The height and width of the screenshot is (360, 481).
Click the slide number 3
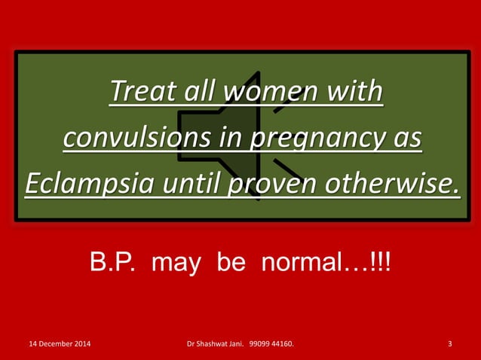tap(450, 345)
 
